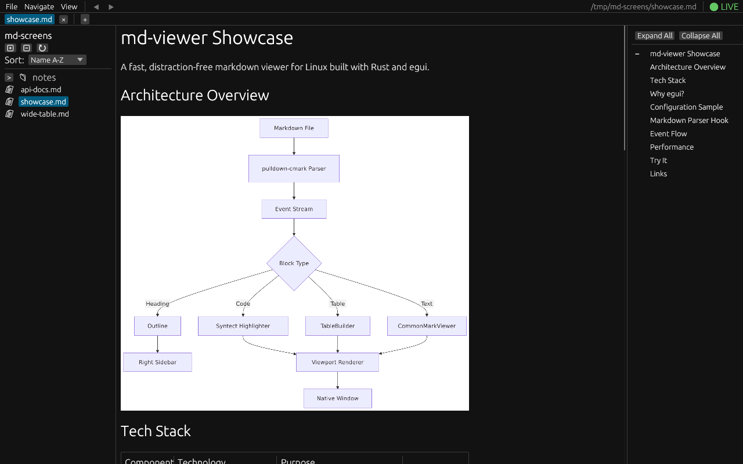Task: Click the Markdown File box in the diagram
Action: point(294,128)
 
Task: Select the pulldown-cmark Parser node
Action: point(294,168)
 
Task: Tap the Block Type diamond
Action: point(294,263)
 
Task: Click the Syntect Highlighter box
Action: point(243,326)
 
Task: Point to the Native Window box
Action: point(338,398)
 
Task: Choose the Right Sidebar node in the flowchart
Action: point(157,362)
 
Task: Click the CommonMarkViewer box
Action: point(427,326)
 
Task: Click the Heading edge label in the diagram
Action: point(157,303)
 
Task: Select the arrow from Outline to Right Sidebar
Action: point(157,344)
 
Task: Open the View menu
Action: point(69,6)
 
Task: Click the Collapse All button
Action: point(701,36)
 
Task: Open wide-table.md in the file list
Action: point(45,114)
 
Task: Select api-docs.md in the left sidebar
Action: point(41,89)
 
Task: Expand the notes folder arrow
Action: point(9,78)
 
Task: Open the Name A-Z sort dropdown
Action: point(57,60)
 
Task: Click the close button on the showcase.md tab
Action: point(64,20)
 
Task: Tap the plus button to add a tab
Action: point(85,20)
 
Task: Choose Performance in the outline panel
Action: point(672,147)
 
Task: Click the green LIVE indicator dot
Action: point(714,7)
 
